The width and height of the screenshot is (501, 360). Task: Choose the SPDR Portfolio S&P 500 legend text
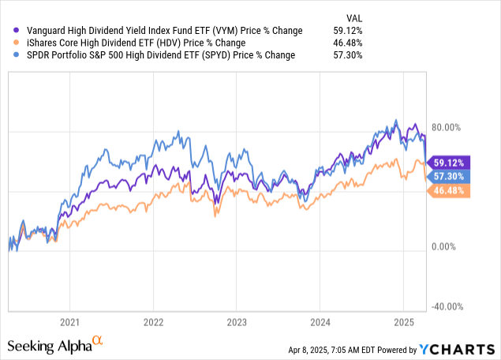click(155, 55)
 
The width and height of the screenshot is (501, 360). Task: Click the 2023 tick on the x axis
click(236, 322)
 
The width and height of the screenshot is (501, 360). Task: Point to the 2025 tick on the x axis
click(402, 322)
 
